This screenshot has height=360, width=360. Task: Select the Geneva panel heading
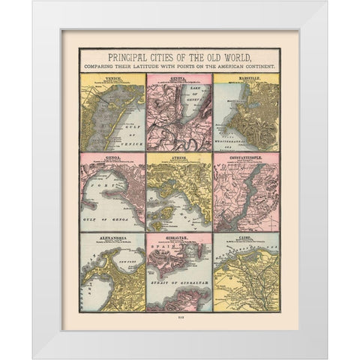coord(179,76)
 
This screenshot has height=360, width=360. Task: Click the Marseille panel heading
coord(246,76)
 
